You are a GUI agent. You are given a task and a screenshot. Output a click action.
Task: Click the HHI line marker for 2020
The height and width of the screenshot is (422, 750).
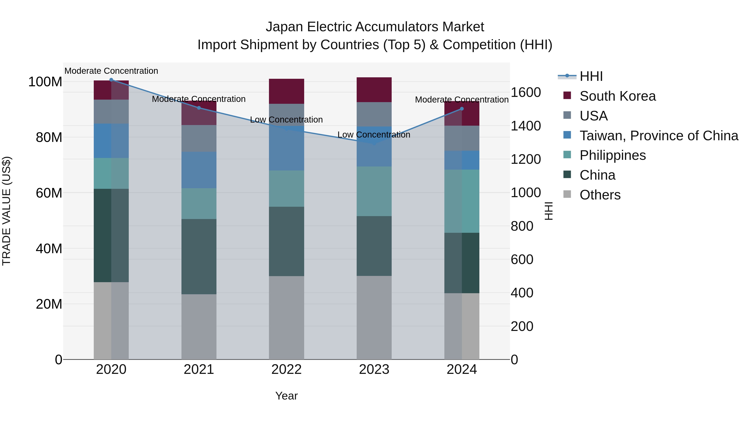tap(111, 80)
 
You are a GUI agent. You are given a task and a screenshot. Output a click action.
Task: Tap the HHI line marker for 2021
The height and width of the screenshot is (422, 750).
tap(199, 108)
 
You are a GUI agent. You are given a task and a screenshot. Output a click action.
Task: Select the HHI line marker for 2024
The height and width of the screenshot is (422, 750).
tap(462, 109)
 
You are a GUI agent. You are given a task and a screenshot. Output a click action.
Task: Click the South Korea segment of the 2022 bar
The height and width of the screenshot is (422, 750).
tap(286, 91)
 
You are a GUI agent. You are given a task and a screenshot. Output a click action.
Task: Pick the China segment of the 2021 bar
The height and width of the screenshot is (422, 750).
tap(199, 256)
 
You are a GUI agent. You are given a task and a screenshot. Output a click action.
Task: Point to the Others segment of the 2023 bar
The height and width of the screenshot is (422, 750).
tap(374, 317)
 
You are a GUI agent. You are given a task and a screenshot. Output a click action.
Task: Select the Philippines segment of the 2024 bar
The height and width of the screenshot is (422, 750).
tap(462, 201)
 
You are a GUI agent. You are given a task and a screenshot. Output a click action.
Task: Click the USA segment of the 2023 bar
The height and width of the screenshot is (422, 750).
tap(374, 114)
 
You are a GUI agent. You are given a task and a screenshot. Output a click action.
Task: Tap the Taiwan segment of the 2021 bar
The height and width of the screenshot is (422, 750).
tap(199, 170)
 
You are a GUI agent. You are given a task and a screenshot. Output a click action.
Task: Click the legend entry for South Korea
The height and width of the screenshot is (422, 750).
tap(617, 96)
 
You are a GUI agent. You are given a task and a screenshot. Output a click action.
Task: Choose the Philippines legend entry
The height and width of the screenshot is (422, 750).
tap(612, 155)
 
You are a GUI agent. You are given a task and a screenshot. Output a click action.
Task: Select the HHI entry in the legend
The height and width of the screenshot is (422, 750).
tap(591, 76)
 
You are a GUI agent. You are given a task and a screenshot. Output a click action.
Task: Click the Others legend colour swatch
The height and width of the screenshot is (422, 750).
tap(567, 194)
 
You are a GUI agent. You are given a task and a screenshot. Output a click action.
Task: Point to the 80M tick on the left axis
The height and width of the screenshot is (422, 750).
tap(49, 137)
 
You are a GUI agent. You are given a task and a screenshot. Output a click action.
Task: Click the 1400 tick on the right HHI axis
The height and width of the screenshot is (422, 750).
tap(526, 126)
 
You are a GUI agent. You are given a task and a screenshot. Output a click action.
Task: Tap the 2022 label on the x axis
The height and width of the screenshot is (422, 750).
tap(286, 369)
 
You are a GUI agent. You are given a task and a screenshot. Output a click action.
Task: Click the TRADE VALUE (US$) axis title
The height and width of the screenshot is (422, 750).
tap(6, 211)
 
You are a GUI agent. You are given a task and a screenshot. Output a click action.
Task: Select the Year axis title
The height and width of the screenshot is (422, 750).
tap(286, 396)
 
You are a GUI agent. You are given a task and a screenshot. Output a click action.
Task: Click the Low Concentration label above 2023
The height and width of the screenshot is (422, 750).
tap(374, 135)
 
